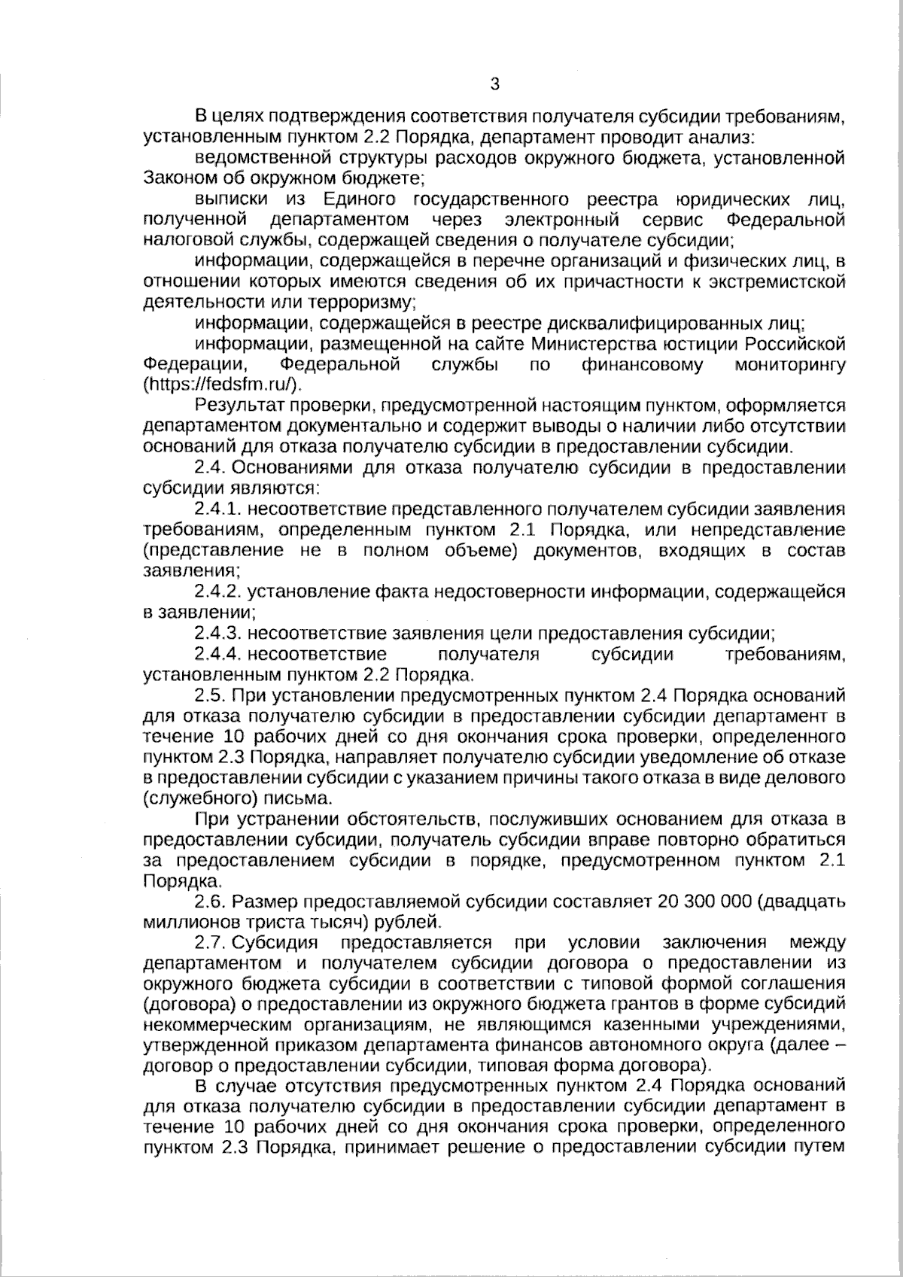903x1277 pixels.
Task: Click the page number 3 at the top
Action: point(494,84)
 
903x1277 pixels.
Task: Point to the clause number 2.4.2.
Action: point(217,592)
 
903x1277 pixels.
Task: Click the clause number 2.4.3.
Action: point(217,633)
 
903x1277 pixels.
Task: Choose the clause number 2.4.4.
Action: point(217,654)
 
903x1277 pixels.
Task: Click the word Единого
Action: point(360,199)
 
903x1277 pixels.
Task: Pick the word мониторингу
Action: point(789,365)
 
